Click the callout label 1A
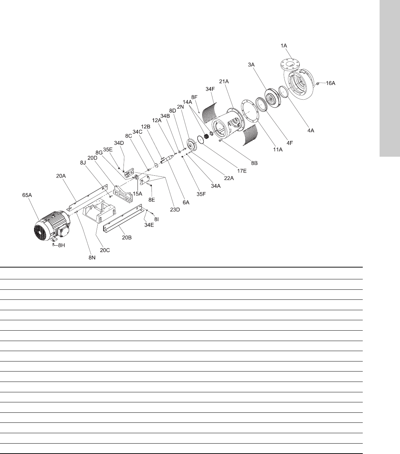(x=284, y=46)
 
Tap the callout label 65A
(x=27, y=195)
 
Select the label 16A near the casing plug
(x=331, y=83)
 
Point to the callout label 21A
(x=224, y=81)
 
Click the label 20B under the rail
(x=127, y=237)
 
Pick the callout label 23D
(x=175, y=209)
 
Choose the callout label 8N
(x=92, y=258)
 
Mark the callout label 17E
(x=242, y=171)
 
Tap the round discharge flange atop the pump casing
(x=290, y=64)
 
